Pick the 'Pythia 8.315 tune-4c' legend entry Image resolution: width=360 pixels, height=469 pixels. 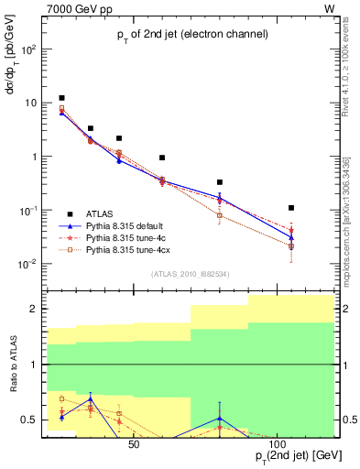pyautogui.click(x=126, y=236)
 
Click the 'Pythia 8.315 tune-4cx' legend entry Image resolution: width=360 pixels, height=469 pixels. pyautogui.click(x=128, y=249)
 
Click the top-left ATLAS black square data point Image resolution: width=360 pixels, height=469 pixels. pyautogui.click(x=61, y=98)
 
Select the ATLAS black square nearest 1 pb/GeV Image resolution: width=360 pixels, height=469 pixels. pyautogui.click(x=162, y=158)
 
